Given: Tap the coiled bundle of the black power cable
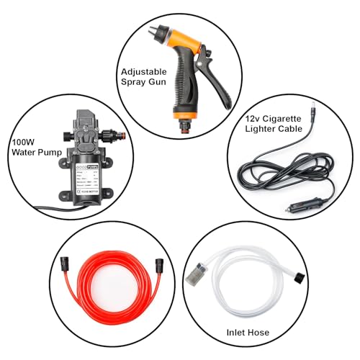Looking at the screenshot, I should click(x=270, y=173).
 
